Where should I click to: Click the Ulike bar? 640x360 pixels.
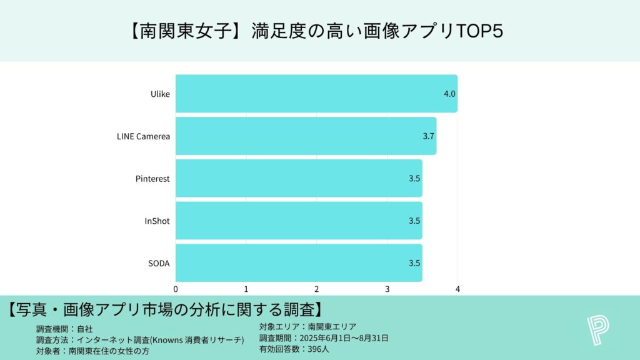pyautogui.click(x=316, y=94)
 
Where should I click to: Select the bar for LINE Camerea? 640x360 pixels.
pyautogui.click(x=306, y=136)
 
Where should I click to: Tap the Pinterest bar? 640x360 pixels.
pyautogui.click(x=299, y=178)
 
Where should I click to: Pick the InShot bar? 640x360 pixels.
pyautogui.click(x=299, y=220)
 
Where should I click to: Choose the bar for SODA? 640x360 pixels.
pyautogui.click(x=299, y=262)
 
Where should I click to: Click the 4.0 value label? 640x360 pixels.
pyautogui.click(x=449, y=94)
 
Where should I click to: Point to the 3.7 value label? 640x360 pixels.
pyautogui.click(x=429, y=136)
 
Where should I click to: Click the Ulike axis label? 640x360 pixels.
pyautogui.click(x=160, y=94)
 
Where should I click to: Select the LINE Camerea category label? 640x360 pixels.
pyautogui.click(x=143, y=136)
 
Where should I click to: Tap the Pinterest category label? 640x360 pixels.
pyautogui.click(x=152, y=178)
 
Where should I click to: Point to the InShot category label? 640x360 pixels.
pyautogui.click(x=157, y=221)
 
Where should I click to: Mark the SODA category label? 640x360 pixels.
pyautogui.click(x=158, y=262)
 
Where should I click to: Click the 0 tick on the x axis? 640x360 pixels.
pyautogui.click(x=176, y=289)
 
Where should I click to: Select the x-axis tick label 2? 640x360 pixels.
pyautogui.click(x=317, y=289)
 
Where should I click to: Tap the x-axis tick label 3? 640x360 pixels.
pyautogui.click(x=387, y=289)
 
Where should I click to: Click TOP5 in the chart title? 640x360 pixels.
pyautogui.click(x=481, y=31)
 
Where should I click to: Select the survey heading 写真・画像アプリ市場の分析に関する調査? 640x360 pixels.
pyautogui.click(x=165, y=309)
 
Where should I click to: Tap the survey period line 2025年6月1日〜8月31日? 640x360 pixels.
pyautogui.click(x=344, y=338)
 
